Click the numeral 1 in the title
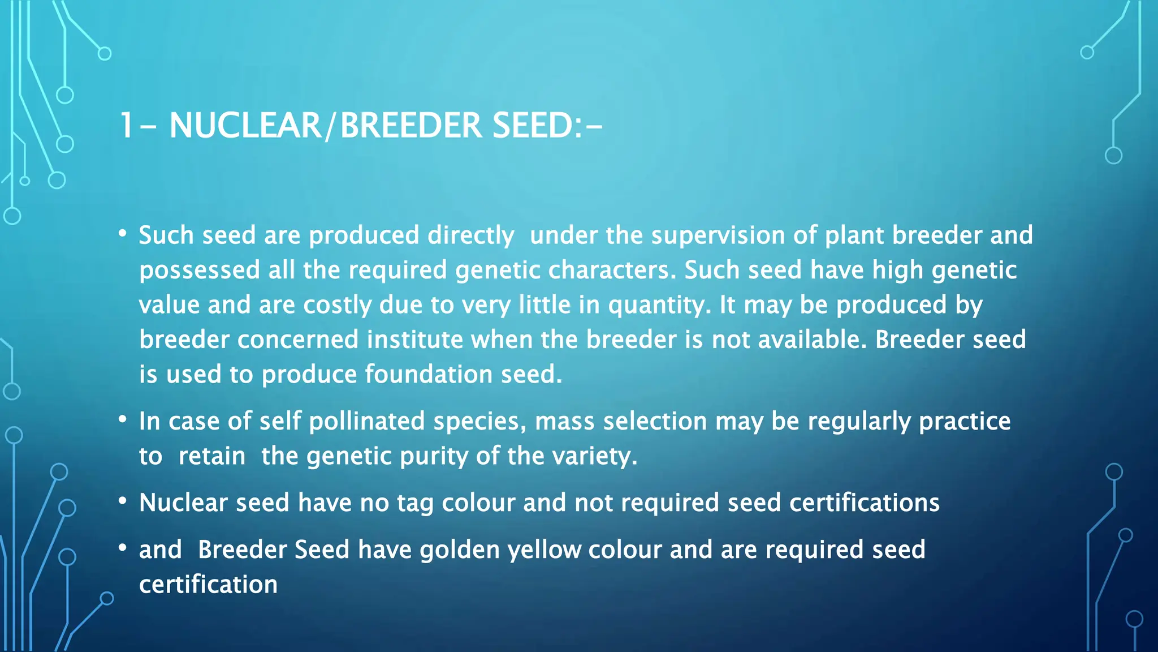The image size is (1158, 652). [127, 125]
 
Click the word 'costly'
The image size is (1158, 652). [336, 306]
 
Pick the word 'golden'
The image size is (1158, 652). [459, 550]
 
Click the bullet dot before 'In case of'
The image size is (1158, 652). [123, 419]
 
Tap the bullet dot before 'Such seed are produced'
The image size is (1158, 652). [123, 233]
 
